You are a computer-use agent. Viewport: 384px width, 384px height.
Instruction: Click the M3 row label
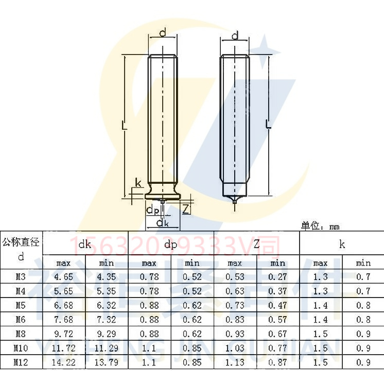click(21, 277)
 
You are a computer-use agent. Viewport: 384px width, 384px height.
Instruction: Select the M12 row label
click(21, 362)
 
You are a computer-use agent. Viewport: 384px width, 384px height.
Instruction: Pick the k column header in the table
click(342, 244)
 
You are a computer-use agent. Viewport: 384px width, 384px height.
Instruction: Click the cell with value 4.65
click(64, 277)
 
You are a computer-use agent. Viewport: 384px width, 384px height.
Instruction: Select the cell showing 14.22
click(64, 362)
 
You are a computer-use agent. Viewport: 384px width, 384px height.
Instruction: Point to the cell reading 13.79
click(107, 362)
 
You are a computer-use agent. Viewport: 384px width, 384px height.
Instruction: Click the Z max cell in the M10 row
click(235, 348)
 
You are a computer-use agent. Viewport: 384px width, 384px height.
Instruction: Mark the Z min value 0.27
click(277, 277)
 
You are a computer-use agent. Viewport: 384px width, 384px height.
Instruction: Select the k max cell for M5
click(320, 305)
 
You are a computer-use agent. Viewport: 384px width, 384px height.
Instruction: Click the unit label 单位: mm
click(320, 226)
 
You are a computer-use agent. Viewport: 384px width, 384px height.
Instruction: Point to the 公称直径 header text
click(21, 241)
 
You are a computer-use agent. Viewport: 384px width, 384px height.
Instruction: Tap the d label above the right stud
click(235, 36)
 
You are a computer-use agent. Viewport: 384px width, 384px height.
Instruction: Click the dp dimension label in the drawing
click(152, 210)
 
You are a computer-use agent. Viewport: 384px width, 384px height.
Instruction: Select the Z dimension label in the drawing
click(186, 208)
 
